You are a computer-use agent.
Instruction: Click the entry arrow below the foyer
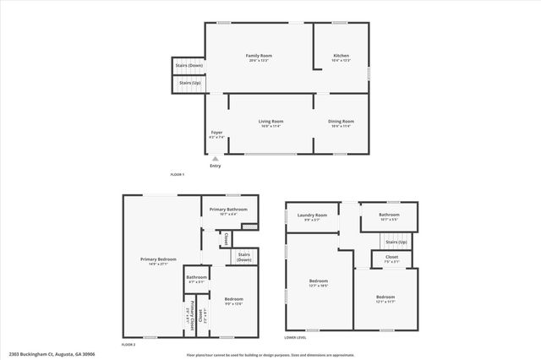(x=215, y=158)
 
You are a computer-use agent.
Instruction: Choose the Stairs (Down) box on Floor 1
(x=189, y=66)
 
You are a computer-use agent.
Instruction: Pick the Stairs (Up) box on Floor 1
(x=189, y=83)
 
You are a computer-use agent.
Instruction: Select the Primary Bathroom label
(x=228, y=211)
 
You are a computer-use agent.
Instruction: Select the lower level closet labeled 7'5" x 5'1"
(x=391, y=259)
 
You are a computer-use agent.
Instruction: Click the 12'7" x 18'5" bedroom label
(x=319, y=282)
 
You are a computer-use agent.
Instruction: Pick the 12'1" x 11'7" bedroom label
(x=385, y=299)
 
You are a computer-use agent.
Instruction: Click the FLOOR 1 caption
(x=177, y=174)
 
